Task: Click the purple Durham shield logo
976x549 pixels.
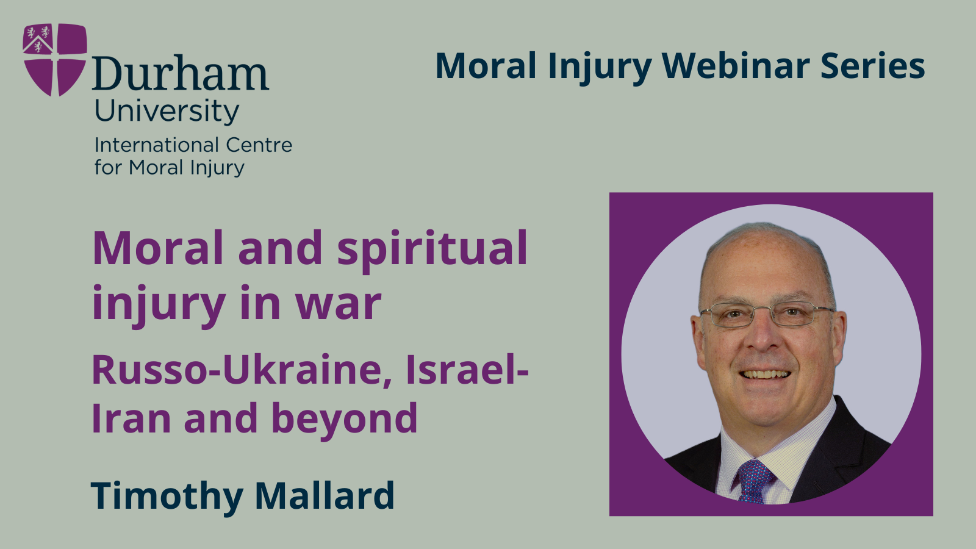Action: [x=54, y=60]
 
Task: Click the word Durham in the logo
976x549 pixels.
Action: [x=181, y=74]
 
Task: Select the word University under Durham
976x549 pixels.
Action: [x=167, y=111]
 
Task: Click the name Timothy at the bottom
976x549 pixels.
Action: [x=167, y=495]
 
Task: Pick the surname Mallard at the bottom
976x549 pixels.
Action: [x=325, y=495]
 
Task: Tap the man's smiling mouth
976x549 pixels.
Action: [x=765, y=375]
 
